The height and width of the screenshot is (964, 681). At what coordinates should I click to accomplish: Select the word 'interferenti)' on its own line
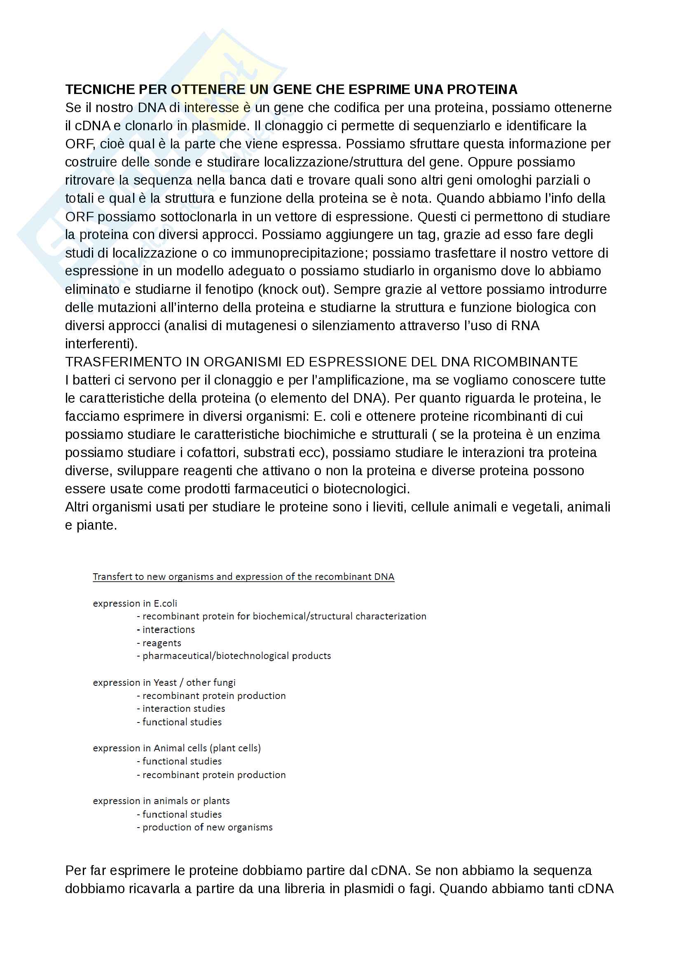coord(101,343)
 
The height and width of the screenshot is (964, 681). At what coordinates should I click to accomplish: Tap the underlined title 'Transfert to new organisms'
coord(243,577)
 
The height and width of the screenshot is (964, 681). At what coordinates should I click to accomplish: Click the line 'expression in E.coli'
coord(135,603)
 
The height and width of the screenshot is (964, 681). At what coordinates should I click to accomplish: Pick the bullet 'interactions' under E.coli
coord(168,629)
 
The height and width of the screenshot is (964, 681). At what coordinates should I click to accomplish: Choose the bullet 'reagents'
coord(161,643)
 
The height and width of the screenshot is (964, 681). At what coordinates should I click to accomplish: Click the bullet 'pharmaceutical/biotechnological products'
coord(236,656)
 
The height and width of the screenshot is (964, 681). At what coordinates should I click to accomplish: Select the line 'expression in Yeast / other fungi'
coord(164,682)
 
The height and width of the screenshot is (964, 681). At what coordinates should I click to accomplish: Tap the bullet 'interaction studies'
coord(183,708)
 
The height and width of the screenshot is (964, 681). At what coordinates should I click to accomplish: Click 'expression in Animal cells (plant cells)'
coord(177,748)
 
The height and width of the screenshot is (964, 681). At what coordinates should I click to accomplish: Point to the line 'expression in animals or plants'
coord(161,801)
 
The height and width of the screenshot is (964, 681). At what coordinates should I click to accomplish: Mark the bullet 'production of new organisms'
coord(207,827)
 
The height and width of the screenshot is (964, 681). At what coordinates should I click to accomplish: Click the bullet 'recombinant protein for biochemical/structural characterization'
coord(284,616)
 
